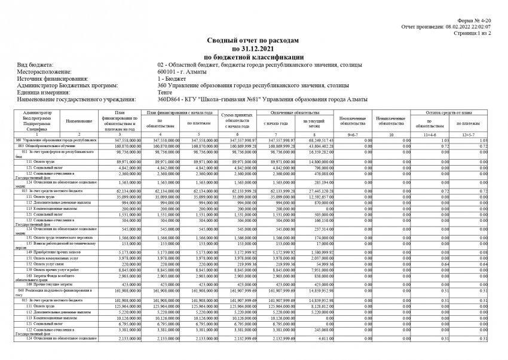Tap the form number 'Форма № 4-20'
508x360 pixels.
pyautogui.click(x=478, y=21)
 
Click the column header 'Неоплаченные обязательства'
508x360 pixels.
pyautogui.click(x=352, y=121)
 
